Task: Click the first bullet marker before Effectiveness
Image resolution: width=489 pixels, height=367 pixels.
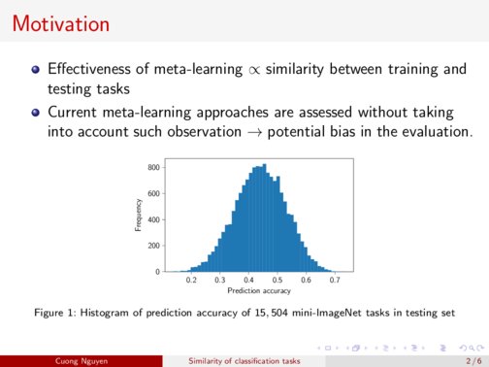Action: (x=36, y=70)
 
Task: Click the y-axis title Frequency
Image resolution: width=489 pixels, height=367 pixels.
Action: (x=139, y=216)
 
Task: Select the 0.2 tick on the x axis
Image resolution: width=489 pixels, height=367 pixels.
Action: (x=191, y=280)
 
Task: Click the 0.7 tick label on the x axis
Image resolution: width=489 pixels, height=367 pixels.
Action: (x=335, y=280)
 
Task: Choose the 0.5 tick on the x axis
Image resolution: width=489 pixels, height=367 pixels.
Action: (x=277, y=280)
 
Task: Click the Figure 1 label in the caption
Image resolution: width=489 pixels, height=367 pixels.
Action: (x=54, y=314)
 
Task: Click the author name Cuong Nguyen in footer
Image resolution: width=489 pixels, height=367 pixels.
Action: (x=81, y=358)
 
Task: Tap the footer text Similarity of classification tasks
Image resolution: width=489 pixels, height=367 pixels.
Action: (x=244, y=358)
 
